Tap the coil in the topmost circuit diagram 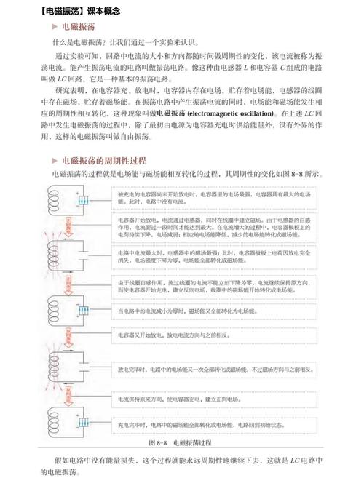pos(58,198)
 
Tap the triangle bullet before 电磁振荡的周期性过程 pos(55,159)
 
